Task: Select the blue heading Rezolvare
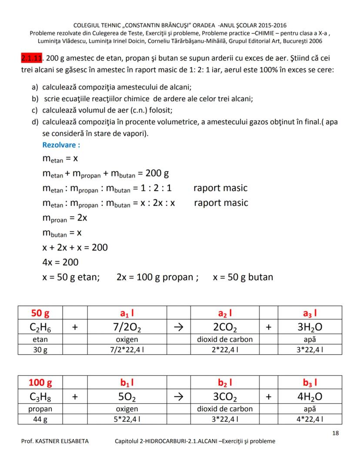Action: tap(61, 145)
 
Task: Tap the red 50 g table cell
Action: tap(40, 313)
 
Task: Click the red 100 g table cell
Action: tap(40, 383)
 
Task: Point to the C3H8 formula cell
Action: tap(40, 397)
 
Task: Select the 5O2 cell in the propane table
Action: tap(127, 397)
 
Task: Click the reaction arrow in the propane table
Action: tap(179, 397)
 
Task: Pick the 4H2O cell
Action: tap(310, 397)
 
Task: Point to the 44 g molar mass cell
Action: tap(40, 419)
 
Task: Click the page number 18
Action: tap(335, 433)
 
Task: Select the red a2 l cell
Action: tap(225, 313)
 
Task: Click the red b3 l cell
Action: tap(310, 383)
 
